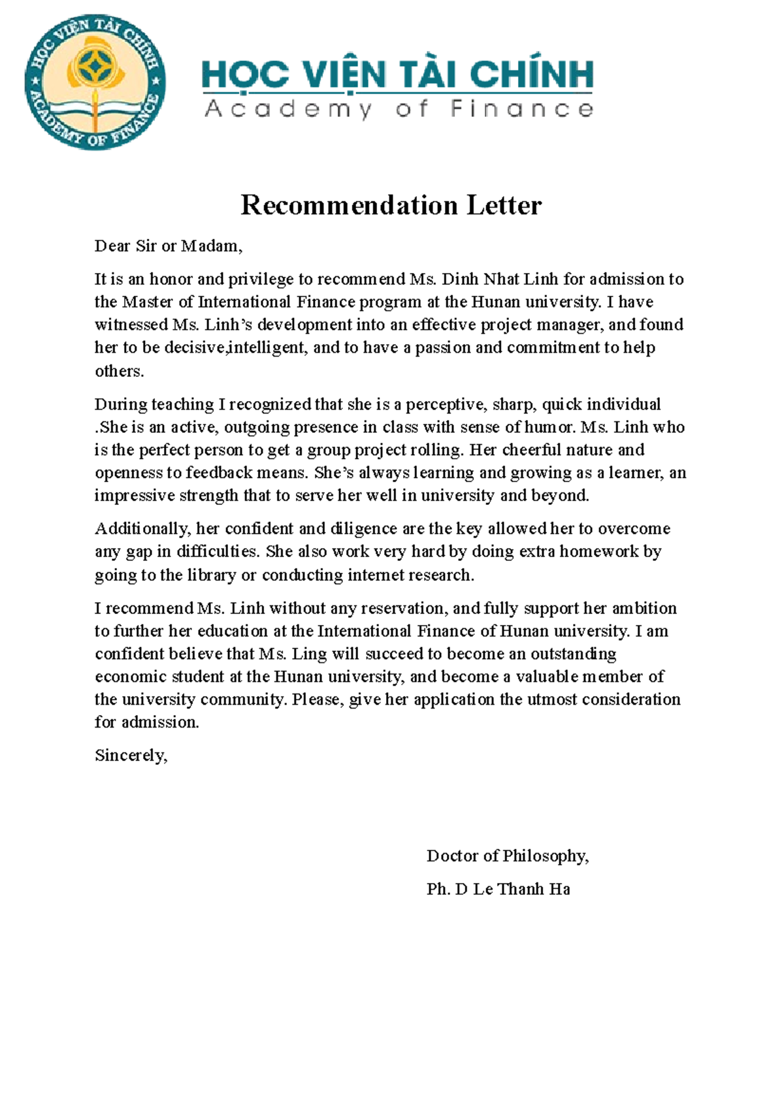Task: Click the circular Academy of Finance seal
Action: (x=95, y=82)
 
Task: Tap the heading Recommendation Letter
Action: (x=391, y=205)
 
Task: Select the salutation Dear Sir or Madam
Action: (x=168, y=246)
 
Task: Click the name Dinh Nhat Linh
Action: (x=500, y=280)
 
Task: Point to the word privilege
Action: (x=261, y=280)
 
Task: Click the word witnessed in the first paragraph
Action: (x=131, y=325)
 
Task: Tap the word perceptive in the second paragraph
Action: (x=445, y=404)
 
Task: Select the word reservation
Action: (x=404, y=608)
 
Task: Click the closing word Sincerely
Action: (x=131, y=756)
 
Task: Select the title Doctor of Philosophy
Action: (x=507, y=856)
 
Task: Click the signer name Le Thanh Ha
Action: (x=521, y=889)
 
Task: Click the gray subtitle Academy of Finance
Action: (x=399, y=109)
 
